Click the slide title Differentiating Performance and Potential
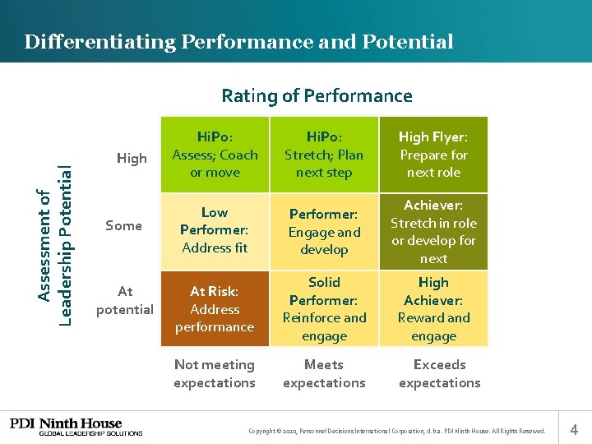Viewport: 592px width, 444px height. [x=238, y=42]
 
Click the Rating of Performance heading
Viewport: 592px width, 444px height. [x=317, y=96]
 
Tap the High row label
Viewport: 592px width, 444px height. [x=132, y=158]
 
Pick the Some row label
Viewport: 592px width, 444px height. [x=123, y=226]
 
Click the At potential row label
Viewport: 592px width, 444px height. [x=125, y=300]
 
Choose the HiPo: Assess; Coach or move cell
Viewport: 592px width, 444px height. [x=215, y=155]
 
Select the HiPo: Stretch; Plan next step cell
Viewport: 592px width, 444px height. [x=324, y=155]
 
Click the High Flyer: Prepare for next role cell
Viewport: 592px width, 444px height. [x=433, y=155]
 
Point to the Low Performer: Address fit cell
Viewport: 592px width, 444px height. [x=215, y=230]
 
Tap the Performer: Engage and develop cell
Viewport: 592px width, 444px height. [x=324, y=231]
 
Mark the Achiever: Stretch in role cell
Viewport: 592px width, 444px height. [x=433, y=231]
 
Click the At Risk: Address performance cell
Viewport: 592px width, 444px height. [x=215, y=308]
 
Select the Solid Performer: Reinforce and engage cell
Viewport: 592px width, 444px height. [x=324, y=308]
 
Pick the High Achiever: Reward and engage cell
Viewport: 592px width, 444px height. [x=433, y=308]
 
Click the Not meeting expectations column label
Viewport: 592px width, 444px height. [x=215, y=373]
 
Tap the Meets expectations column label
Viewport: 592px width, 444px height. [x=324, y=373]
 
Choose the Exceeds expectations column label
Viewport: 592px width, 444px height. [x=439, y=373]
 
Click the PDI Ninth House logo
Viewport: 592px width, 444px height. [x=76, y=427]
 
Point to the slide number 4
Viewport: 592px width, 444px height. [x=574, y=428]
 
